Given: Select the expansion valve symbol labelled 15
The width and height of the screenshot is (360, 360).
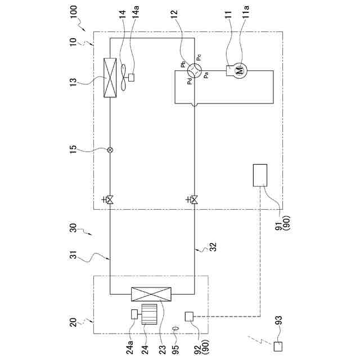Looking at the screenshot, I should click(110, 150).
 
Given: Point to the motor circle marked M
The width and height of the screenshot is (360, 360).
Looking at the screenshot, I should click(240, 70).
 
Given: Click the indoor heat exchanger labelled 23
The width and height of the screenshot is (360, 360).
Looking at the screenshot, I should click(151, 294).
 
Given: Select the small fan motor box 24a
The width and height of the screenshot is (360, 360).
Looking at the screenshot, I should click(134, 314).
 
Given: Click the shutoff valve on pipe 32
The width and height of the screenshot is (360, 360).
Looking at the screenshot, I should click(194, 200).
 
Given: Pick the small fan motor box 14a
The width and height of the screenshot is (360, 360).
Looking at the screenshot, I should click(132, 77).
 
